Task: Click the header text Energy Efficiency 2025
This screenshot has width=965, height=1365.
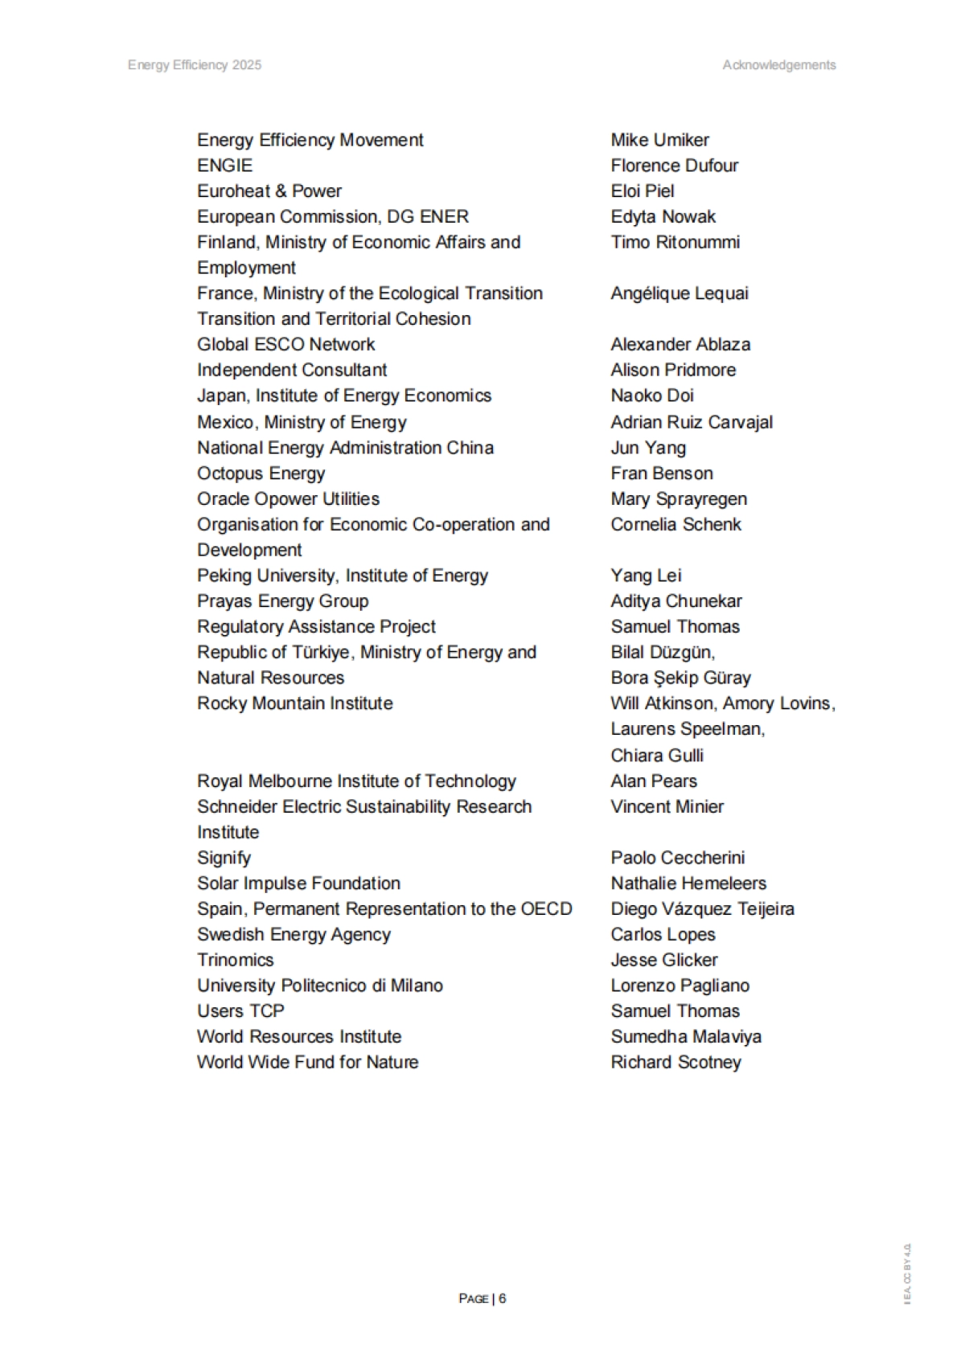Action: [x=195, y=65]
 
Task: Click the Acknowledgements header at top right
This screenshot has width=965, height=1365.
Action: [x=778, y=65]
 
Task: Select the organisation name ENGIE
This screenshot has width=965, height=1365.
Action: [x=224, y=166]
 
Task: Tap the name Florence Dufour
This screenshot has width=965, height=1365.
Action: [x=674, y=166]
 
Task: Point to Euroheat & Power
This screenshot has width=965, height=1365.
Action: [x=269, y=191]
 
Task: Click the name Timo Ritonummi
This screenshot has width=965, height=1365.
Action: [x=675, y=242]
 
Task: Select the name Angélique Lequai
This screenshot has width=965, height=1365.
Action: [x=679, y=293]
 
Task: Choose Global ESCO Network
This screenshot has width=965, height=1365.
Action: [x=285, y=344]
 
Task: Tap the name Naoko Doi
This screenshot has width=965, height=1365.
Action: [x=651, y=396]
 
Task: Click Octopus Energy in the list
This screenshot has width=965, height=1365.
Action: [x=261, y=473]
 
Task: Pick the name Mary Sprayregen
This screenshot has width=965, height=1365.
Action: [x=679, y=499]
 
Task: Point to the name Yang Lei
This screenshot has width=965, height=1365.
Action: [x=646, y=576]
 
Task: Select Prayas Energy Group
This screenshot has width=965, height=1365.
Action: [x=282, y=601]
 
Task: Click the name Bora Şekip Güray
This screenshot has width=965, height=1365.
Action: [x=680, y=678]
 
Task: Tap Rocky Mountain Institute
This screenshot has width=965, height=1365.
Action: [x=295, y=703]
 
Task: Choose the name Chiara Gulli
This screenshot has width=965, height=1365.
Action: [x=657, y=756]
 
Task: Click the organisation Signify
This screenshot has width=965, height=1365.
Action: [x=224, y=858]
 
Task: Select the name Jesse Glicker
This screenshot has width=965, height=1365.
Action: [x=664, y=960]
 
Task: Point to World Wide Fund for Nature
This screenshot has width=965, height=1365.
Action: [x=307, y=1062]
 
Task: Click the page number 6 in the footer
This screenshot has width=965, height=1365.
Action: [x=502, y=1298]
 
